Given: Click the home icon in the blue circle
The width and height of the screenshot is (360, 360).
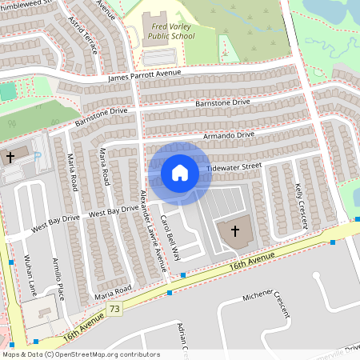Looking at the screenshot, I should click(180, 172).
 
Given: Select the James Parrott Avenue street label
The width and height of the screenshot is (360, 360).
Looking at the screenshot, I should click(144, 76).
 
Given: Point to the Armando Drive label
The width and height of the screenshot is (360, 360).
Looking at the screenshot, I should click(229, 134).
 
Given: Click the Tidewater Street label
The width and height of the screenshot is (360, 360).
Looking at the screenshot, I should click(234, 166).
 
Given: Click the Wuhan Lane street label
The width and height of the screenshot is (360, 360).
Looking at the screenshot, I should click(33, 276).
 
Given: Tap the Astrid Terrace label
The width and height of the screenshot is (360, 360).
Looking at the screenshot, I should click(83, 34).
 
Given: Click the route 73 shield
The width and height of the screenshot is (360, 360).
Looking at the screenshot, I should click(116, 309).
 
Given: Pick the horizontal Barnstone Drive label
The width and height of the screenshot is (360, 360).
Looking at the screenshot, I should click(223, 102).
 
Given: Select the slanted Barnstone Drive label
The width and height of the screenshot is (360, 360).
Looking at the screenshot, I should click(101, 117).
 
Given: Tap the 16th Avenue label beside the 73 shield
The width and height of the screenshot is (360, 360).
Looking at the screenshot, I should click(82, 322).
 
